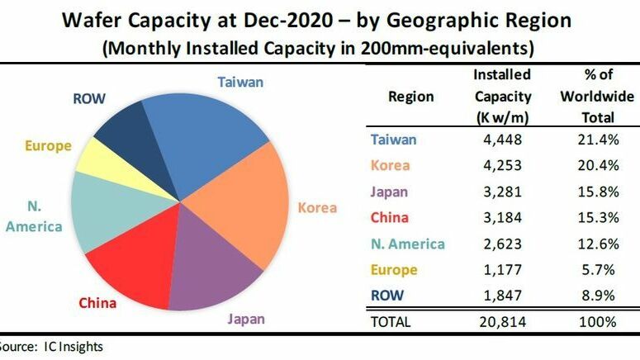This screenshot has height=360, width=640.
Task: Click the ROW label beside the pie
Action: coord(88,98)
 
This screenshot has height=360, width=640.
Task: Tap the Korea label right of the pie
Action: coord(317,207)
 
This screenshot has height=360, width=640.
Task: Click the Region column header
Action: coord(410,97)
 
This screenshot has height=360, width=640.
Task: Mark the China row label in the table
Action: coord(390,218)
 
